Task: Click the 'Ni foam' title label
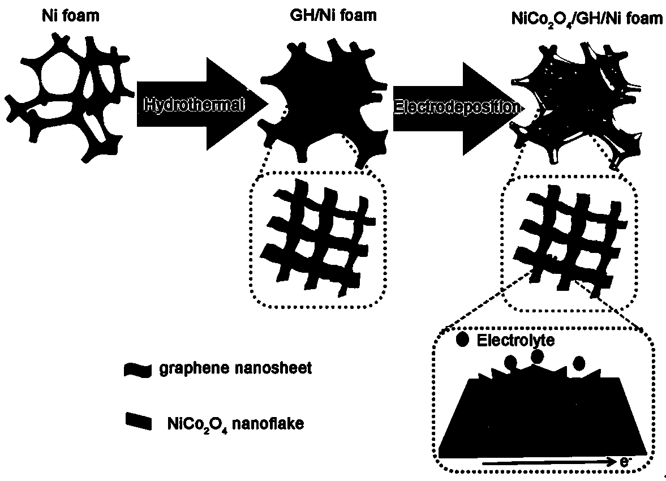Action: pyautogui.click(x=70, y=16)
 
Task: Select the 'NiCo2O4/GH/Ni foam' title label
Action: pyautogui.click(x=583, y=18)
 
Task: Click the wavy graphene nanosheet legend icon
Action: pyautogui.click(x=138, y=371)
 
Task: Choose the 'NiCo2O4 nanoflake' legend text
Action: pyautogui.click(x=235, y=423)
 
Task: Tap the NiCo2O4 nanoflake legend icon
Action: pyautogui.click(x=138, y=421)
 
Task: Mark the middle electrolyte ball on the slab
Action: pyautogui.click(x=537, y=357)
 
